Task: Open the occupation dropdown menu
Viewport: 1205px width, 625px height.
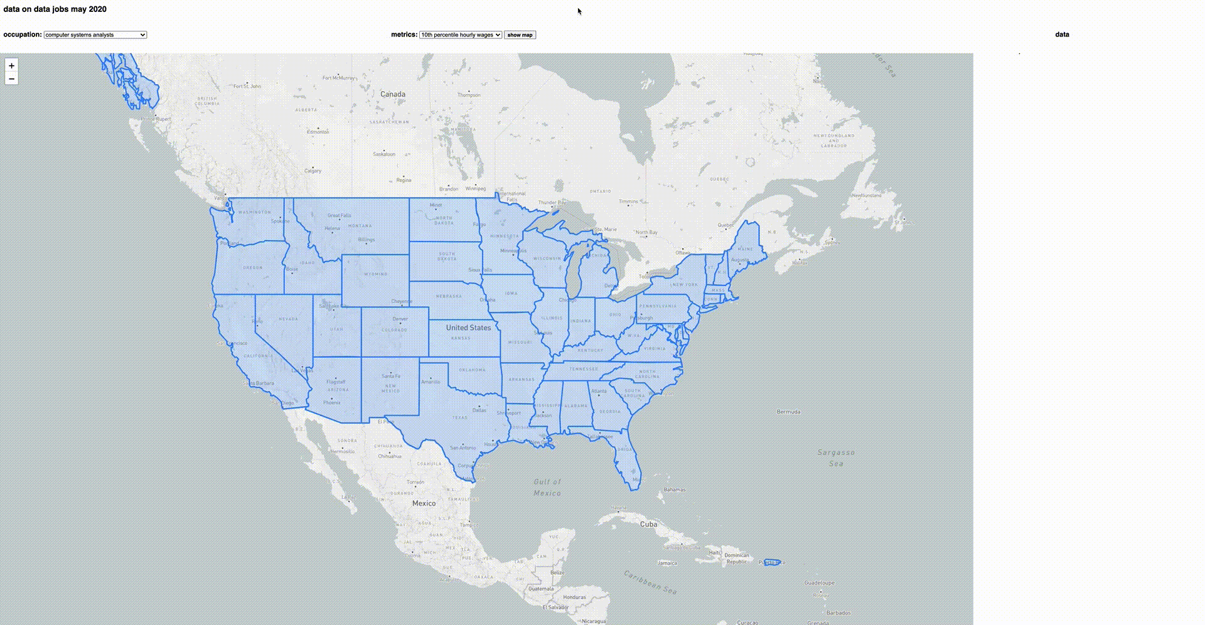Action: (x=95, y=35)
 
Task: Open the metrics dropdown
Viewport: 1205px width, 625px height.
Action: (x=460, y=35)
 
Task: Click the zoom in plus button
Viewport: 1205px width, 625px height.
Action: (x=11, y=66)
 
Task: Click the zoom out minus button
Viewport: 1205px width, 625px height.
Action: (x=11, y=78)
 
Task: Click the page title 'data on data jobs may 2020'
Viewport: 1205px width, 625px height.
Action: (x=55, y=9)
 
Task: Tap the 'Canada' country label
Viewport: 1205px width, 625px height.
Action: (x=393, y=95)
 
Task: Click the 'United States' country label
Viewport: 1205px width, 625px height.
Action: (x=468, y=328)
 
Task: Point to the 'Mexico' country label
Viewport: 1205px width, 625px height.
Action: (x=424, y=503)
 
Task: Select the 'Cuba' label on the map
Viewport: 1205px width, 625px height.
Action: (x=648, y=524)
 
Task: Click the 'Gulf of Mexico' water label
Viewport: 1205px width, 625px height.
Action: (x=547, y=488)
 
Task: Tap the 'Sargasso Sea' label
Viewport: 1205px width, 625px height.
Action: (x=836, y=457)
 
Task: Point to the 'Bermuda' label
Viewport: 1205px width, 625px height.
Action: (x=788, y=412)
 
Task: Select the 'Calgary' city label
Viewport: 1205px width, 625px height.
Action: (x=313, y=171)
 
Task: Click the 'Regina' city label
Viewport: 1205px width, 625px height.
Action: (x=404, y=180)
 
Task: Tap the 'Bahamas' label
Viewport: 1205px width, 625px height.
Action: (x=675, y=489)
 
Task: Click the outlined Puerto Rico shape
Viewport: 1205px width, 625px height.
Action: (x=772, y=562)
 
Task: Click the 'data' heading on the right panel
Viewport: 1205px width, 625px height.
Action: (x=1062, y=35)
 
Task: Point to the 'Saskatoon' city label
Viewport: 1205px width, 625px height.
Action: (x=384, y=154)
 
